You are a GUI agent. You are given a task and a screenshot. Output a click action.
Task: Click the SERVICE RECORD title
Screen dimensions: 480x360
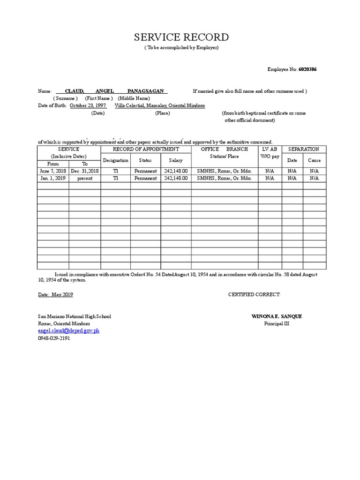coord(181,37)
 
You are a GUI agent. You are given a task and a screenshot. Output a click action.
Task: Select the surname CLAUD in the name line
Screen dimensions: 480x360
coord(74,91)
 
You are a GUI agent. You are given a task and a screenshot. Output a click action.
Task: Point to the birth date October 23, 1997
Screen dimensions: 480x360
coord(88,106)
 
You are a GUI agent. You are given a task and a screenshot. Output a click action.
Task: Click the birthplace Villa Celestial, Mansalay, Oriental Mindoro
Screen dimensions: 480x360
coord(159,106)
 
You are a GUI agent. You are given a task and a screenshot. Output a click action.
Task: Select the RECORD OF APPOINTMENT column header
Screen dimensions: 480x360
coord(146,149)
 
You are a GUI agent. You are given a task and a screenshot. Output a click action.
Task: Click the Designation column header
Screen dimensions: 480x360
coord(115,160)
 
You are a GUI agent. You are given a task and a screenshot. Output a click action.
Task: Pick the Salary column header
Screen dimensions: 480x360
coord(176,160)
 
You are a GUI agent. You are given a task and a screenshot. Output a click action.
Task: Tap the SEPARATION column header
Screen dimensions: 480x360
coord(304,149)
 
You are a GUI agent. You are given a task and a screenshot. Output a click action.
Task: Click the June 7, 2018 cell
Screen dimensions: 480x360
coord(53,171)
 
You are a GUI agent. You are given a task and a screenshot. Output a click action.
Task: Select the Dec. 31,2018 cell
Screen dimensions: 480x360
coord(85,171)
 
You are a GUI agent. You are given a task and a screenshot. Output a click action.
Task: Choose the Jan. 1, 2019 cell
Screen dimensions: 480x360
coord(53,178)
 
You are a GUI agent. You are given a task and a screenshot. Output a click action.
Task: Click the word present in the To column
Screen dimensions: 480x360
coord(85,178)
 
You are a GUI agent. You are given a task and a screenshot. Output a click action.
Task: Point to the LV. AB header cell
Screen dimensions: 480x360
coord(270,149)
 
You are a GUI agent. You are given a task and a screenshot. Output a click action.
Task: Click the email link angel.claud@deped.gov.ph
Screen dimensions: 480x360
coord(68,330)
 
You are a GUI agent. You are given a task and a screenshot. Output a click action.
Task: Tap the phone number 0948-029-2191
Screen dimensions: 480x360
coord(54,338)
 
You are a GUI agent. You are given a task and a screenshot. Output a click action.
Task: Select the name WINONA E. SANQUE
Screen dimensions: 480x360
coord(277,316)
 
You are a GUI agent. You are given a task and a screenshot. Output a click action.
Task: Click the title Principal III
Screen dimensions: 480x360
coord(277,323)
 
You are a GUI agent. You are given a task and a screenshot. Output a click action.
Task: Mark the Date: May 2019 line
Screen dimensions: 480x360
coord(55,294)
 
